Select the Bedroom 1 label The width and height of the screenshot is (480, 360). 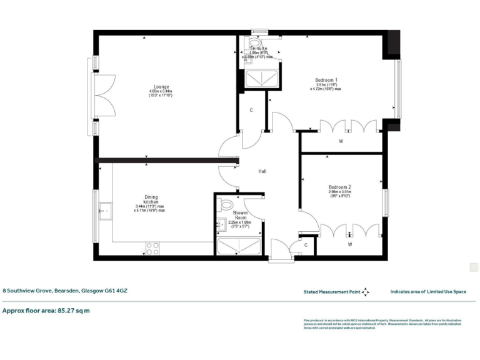[326, 80]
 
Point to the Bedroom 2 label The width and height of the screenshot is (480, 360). [340, 187]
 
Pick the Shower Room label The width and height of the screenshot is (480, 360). [240, 216]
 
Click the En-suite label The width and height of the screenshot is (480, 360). [258, 48]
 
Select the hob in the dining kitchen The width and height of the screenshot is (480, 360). [152, 248]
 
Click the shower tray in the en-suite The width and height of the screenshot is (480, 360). [257, 78]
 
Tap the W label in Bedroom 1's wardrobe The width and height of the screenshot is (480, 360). [341, 141]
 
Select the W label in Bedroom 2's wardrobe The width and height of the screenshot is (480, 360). [350, 244]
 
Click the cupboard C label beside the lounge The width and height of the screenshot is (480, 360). [251, 111]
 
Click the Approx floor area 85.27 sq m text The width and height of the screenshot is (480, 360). [46, 310]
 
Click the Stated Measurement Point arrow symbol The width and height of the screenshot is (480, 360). [366, 291]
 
